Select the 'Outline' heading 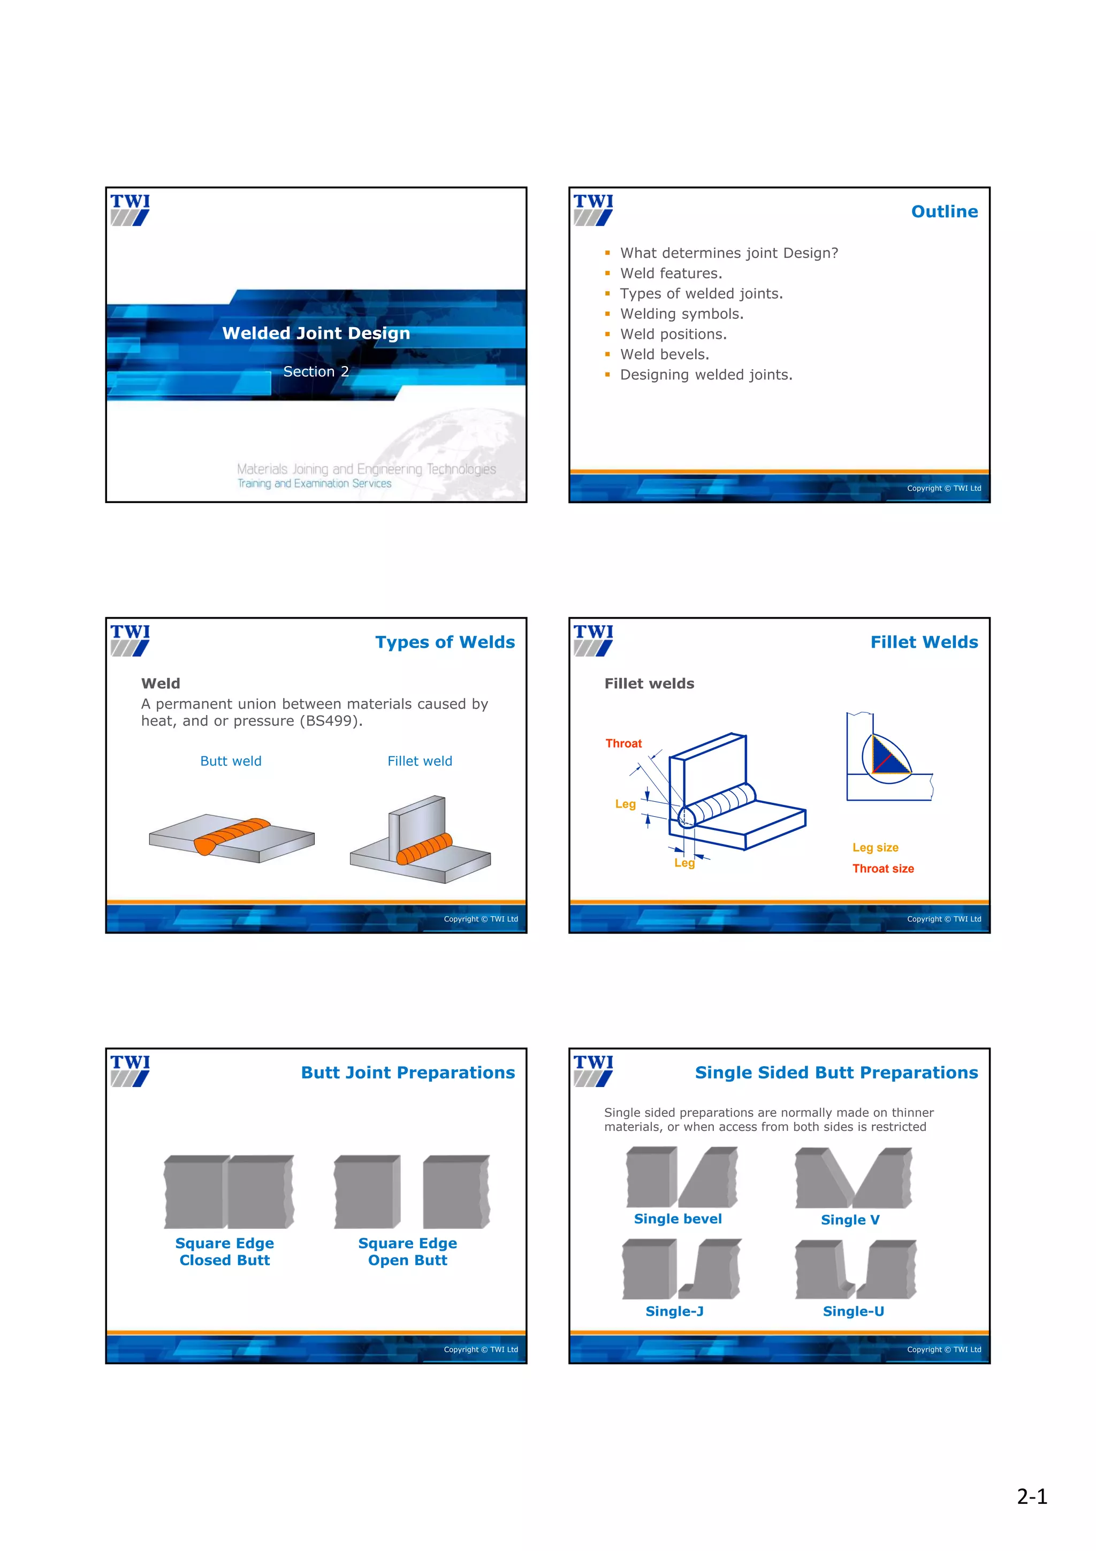pos(944,211)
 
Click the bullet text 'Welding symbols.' pos(681,314)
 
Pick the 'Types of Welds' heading pos(445,642)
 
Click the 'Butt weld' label pos(231,761)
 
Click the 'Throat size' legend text pos(882,869)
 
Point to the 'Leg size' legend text pos(875,847)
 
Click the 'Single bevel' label pos(678,1219)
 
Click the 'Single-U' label pos(853,1311)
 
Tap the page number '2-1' pos(1031,1497)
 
